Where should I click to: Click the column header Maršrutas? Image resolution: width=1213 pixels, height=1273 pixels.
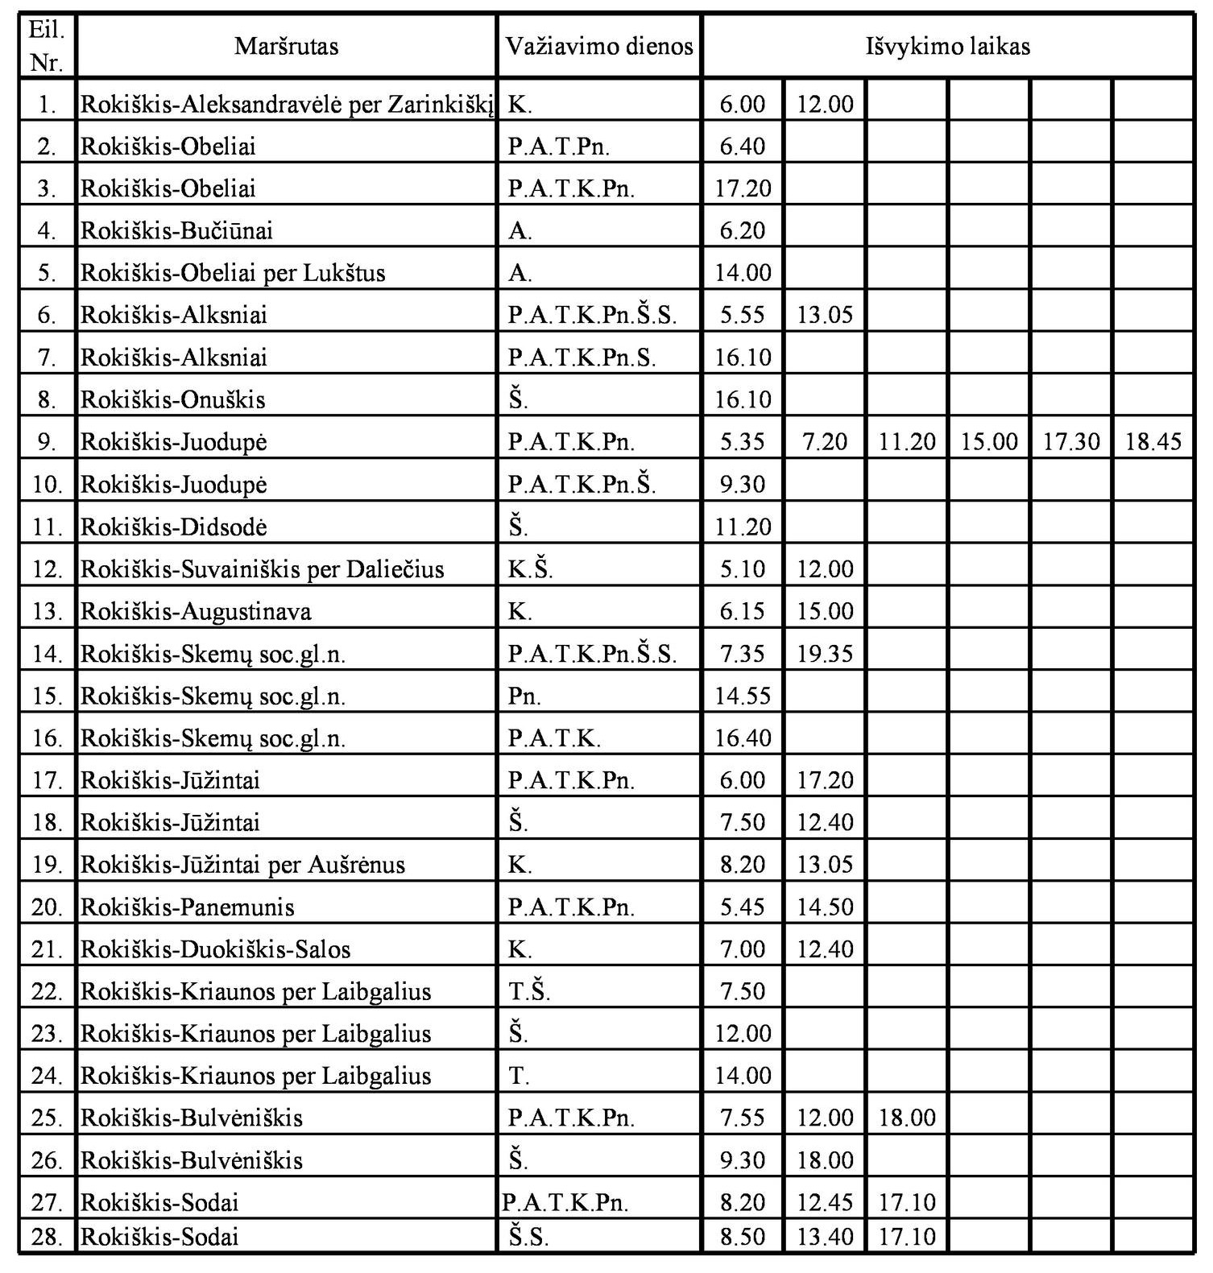click(x=286, y=46)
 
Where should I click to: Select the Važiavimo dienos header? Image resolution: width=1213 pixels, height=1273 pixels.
click(x=598, y=46)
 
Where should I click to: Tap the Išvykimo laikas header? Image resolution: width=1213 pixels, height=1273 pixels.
click(x=947, y=46)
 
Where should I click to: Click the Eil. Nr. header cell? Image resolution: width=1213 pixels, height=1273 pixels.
click(x=47, y=46)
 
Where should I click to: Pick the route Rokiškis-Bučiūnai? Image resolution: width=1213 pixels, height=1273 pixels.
click(x=177, y=231)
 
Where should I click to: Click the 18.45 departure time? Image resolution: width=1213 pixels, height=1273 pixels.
click(x=1153, y=442)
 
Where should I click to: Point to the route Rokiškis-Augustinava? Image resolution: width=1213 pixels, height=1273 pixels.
click(x=196, y=611)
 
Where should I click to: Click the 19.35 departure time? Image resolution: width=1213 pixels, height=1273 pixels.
click(x=824, y=653)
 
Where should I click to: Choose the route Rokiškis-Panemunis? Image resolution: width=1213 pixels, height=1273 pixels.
click(x=188, y=907)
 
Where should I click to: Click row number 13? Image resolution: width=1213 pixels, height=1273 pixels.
click(x=47, y=611)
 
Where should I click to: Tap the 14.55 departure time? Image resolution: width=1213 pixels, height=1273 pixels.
click(x=743, y=696)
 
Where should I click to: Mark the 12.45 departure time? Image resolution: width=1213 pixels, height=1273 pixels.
click(x=824, y=1202)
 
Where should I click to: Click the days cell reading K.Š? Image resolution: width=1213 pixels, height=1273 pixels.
click(x=531, y=569)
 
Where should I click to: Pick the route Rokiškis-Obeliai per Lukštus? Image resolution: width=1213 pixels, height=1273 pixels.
click(x=233, y=273)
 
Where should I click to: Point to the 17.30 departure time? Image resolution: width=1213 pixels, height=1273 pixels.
click(x=1071, y=442)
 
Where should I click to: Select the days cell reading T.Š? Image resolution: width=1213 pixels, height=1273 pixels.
click(x=529, y=991)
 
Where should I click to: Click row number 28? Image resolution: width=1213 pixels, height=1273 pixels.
click(x=47, y=1236)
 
